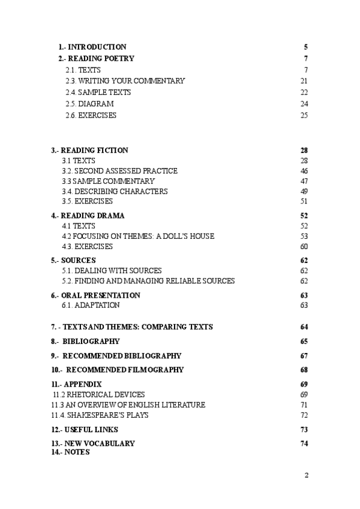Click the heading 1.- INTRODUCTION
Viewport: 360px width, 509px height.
[92, 47]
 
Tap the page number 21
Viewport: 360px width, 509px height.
[304, 81]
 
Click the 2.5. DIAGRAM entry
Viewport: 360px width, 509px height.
[89, 104]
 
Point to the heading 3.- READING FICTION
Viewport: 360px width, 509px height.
[89, 150]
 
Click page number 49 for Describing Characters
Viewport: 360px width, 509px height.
[304, 191]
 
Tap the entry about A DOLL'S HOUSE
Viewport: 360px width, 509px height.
[138, 236]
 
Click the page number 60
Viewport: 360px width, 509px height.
[304, 247]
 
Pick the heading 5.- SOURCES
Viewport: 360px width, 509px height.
[74, 260]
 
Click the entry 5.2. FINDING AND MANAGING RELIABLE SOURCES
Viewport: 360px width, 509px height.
[148, 281]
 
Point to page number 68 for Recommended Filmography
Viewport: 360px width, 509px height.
[304, 370]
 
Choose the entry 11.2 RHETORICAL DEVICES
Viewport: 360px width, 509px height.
[98, 394]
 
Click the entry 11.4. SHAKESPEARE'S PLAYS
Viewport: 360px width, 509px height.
[100, 415]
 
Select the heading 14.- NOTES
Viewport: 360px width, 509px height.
[70, 452]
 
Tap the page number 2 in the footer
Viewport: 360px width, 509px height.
[306, 475]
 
